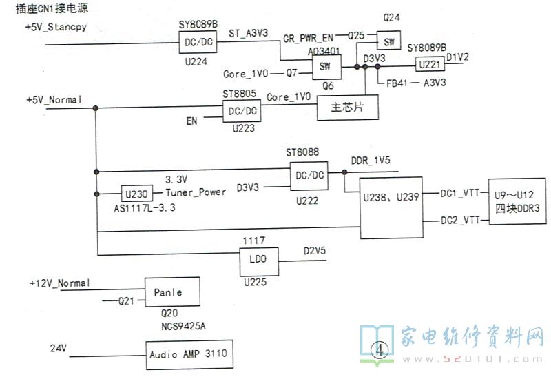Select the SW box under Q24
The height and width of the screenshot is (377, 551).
[389, 41]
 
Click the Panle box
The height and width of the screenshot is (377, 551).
[172, 292]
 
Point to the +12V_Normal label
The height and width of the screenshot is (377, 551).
[61, 283]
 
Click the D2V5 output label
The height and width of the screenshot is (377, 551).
[316, 252]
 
